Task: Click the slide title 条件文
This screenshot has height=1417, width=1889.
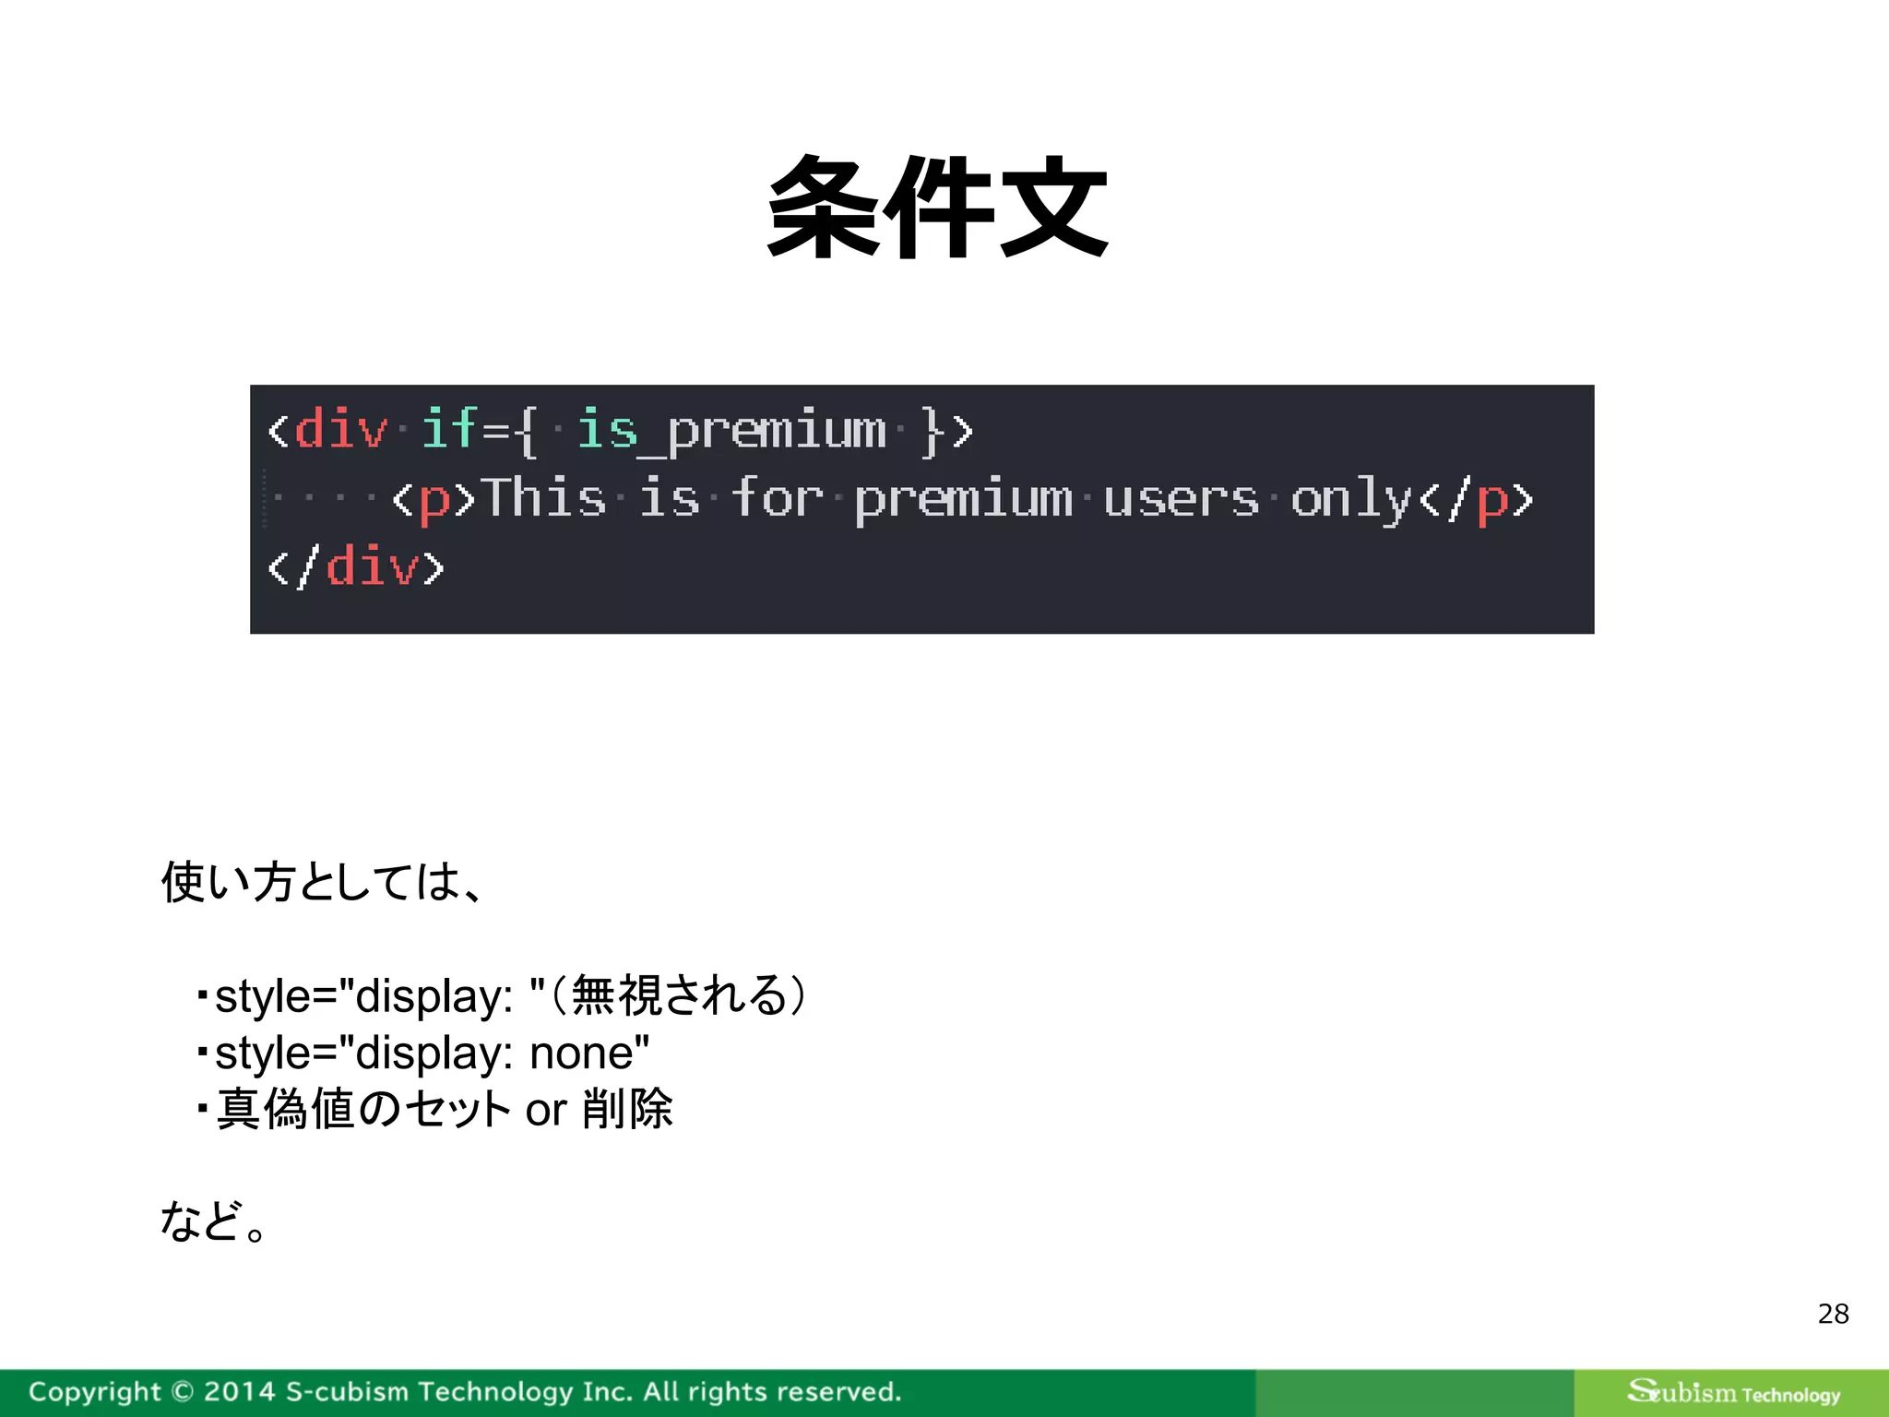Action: (x=937, y=207)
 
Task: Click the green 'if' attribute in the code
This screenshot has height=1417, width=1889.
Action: (x=449, y=429)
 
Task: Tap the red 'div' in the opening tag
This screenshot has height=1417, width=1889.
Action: (x=340, y=429)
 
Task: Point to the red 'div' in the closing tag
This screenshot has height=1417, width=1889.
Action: (x=372, y=566)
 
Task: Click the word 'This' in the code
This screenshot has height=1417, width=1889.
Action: (x=543, y=498)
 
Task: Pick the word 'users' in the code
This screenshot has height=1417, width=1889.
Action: (x=1180, y=498)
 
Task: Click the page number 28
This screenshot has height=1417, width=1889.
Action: (x=1833, y=1314)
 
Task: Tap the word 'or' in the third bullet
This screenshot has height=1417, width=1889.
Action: (x=545, y=1110)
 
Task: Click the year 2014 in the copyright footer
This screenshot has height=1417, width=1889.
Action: (x=239, y=1391)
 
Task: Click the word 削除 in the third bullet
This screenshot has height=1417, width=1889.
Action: (x=627, y=1109)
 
